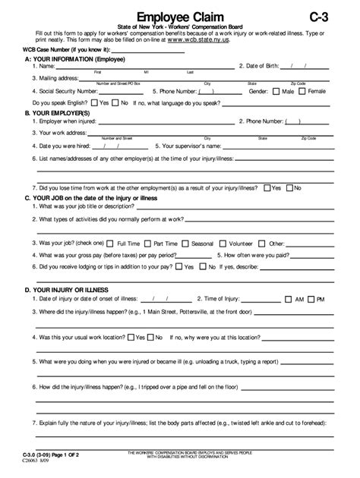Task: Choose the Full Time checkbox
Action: click(111, 244)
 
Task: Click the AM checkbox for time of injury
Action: click(287, 300)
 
